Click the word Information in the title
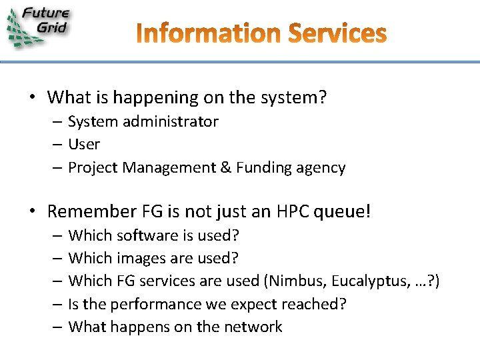[211, 33]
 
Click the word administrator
[176, 121]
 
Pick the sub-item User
[84, 144]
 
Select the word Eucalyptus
[361, 281]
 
